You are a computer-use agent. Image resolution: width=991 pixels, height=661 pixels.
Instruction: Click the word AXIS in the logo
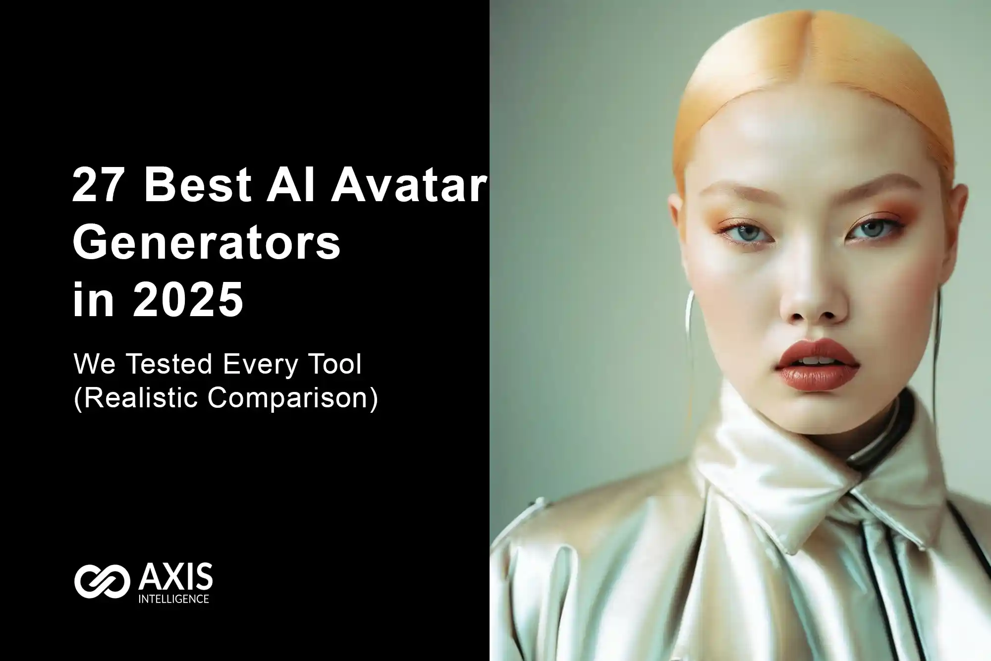coord(175,578)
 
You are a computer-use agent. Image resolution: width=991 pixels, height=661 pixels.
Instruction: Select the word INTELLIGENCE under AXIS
coord(173,599)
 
